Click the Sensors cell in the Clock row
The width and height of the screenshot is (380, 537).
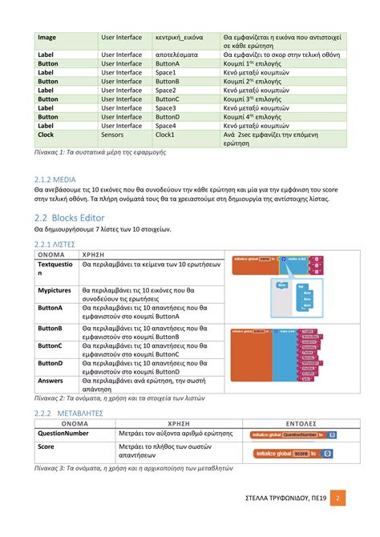112,135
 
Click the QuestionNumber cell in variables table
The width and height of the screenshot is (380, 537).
63,434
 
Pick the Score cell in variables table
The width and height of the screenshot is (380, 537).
46,449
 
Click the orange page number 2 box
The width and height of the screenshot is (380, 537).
338,500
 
